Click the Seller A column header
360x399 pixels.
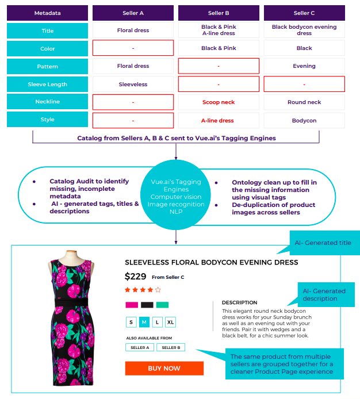click(133, 13)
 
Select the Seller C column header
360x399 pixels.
click(304, 13)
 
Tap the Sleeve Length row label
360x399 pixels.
click(48, 84)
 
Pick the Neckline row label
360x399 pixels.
click(48, 102)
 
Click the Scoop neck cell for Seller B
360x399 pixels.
click(219, 102)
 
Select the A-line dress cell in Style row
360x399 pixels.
click(219, 120)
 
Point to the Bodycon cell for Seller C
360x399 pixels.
click(304, 120)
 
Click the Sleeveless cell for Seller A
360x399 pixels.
click(133, 84)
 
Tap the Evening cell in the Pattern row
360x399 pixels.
click(304, 66)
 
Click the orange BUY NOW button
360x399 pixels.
click(164, 368)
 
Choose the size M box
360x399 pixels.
click(144, 322)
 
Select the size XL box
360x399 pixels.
click(170, 322)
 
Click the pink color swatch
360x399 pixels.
click(132, 305)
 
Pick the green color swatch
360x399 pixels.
click(162, 305)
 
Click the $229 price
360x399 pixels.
click(136, 277)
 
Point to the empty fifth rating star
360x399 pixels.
click(158, 290)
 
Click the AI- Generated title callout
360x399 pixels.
click(325, 243)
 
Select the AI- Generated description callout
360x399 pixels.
click(325, 294)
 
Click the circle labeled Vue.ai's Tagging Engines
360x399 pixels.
click(175, 197)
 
